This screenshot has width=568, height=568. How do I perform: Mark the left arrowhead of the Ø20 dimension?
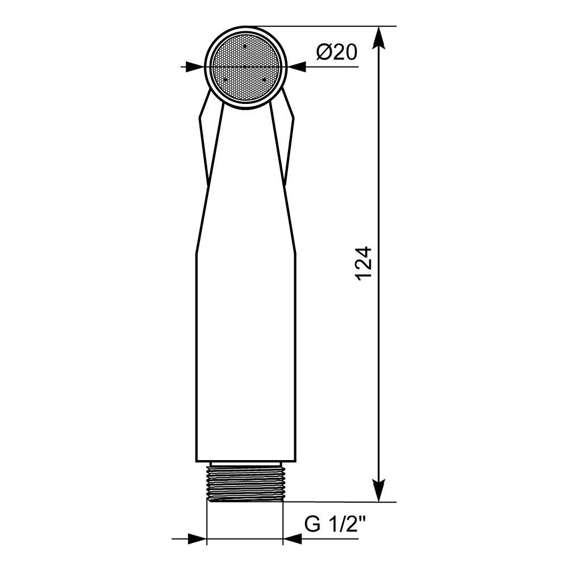[195, 67]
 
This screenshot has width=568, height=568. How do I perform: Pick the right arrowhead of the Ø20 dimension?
[296, 67]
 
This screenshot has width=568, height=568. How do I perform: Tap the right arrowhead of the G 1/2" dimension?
[293, 539]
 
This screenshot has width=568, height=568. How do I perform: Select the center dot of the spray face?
[245, 67]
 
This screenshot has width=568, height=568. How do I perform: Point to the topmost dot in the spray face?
[245, 45]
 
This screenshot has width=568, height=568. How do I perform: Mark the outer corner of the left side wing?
[199, 118]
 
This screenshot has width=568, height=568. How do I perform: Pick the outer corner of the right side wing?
[293, 118]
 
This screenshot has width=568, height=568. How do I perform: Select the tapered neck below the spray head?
[245, 182]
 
